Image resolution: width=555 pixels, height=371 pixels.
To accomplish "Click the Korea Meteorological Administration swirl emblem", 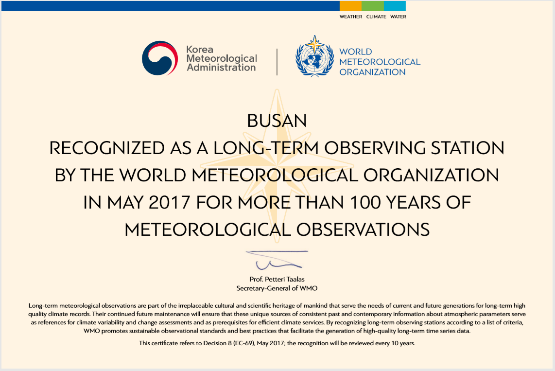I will tap(158, 58).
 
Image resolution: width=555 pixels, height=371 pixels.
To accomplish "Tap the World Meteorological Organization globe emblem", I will tap(314, 58).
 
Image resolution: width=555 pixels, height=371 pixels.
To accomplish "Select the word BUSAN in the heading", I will tap(277, 121).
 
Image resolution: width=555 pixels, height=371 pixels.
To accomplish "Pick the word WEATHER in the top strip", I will tap(351, 17).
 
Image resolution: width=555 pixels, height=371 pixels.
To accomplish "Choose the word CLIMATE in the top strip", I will tap(376, 17).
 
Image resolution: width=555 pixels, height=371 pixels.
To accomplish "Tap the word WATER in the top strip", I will tap(398, 17).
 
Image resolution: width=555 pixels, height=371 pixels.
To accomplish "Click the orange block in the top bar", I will tap(350, 6).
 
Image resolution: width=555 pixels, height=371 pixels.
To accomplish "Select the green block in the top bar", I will tap(372, 6).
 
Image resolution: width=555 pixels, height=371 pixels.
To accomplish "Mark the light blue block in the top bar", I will tap(395, 6).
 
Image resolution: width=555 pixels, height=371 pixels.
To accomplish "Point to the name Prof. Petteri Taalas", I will tap(277, 280).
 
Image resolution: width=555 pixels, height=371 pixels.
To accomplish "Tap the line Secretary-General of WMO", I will tap(277, 288).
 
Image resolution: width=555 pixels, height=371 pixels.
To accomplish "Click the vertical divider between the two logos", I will tap(277, 62).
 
